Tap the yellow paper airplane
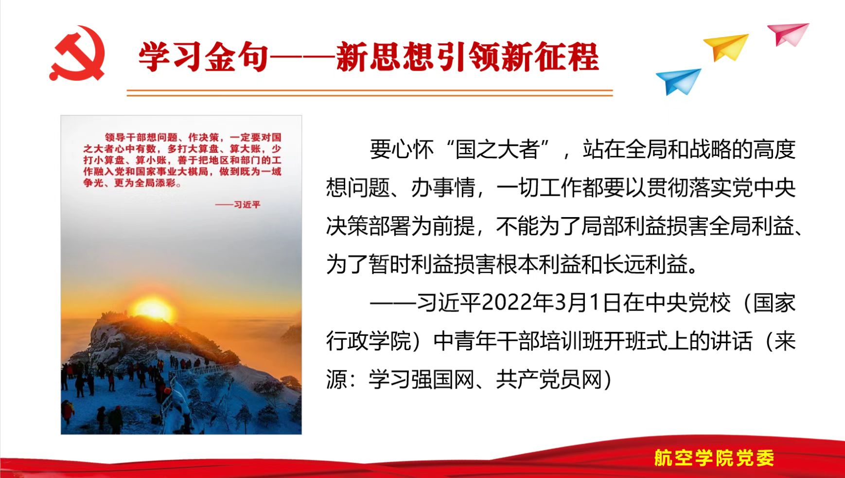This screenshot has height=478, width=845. (x=726, y=46)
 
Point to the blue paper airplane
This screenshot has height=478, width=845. (x=679, y=81)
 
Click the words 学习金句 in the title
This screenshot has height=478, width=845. (x=204, y=57)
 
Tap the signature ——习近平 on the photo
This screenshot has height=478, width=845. (x=238, y=204)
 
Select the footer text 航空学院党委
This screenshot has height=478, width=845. (x=714, y=458)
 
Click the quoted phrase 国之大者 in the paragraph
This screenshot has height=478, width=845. (x=497, y=149)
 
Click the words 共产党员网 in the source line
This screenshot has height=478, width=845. (x=549, y=380)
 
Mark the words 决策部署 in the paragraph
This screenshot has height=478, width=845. (x=369, y=226)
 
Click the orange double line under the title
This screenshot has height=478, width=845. (x=370, y=92)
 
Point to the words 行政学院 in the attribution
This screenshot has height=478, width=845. (x=369, y=341)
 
